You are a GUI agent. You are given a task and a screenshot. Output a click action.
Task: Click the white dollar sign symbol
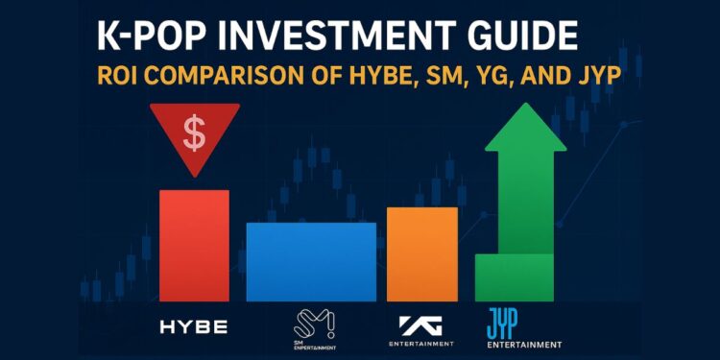coord(194,134)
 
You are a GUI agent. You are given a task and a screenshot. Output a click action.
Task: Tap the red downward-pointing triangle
coord(194,144)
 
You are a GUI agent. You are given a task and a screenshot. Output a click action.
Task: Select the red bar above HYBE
coord(194,245)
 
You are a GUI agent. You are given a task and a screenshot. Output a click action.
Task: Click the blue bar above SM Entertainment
coord(311,261)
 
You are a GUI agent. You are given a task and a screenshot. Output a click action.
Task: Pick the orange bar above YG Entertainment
coord(421,253)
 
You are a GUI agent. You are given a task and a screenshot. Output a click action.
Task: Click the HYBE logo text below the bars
coord(194,327)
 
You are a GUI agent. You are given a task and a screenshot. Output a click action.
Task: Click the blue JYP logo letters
coord(505,322)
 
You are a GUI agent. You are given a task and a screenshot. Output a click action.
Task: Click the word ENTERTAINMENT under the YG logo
coord(421,344)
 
